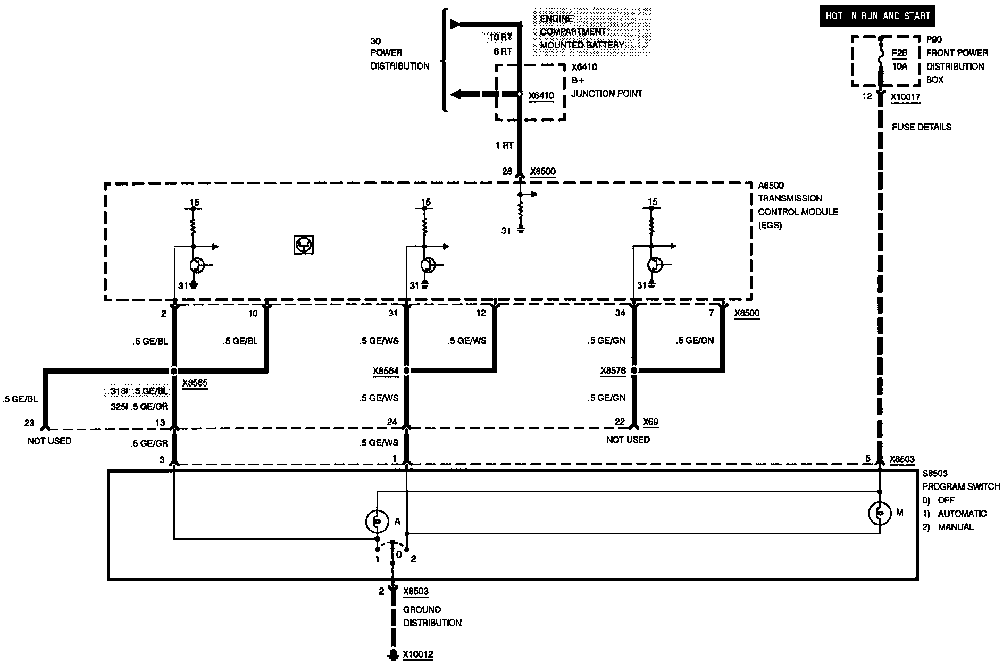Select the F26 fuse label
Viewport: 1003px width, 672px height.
[x=899, y=53]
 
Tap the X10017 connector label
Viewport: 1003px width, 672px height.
[x=906, y=97]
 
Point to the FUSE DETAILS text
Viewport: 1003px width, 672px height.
[x=922, y=127]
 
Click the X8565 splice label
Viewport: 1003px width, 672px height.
[x=195, y=382]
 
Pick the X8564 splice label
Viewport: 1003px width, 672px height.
[x=386, y=371]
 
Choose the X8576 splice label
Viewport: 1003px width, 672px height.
[x=613, y=371]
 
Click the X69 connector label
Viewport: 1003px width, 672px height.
[x=650, y=422]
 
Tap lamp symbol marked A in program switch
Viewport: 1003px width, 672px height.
[x=377, y=522]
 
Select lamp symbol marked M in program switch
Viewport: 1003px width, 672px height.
[x=880, y=513]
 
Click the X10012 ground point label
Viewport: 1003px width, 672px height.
[x=417, y=654]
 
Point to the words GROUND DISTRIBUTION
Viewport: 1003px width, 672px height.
[x=432, y=616]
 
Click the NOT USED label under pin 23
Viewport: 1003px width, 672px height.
[x=49, y=441]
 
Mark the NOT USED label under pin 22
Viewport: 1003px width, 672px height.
[x=628, y=440]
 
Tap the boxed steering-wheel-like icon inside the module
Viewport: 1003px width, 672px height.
[x=304, y=245]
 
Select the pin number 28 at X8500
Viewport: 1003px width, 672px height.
[x=507, y=172]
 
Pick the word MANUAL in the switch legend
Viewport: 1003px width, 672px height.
[x=956, y=527]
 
